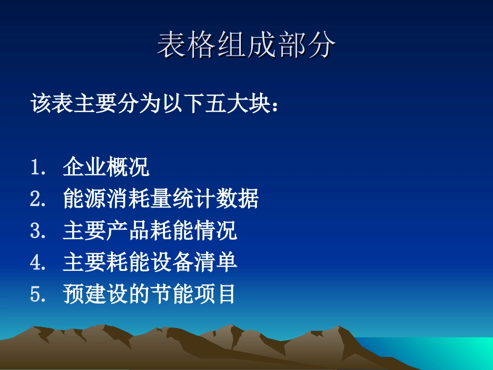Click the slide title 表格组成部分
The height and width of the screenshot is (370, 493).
point(246,45)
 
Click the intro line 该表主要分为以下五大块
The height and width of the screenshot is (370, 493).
point(157,104)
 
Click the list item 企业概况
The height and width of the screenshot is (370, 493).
point(106,168)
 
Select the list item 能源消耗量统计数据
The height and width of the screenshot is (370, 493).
point(161,199)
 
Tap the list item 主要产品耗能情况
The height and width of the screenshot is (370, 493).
point(150,231)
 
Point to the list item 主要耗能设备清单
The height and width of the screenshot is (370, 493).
point(150,263)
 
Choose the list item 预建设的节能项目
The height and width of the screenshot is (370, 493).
point(150,294)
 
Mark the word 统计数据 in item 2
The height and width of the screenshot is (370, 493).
point(226,199)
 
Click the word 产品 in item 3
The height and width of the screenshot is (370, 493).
point(128,231)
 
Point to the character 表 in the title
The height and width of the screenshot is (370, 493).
point(172,45)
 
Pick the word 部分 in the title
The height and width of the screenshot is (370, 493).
point(306,45)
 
